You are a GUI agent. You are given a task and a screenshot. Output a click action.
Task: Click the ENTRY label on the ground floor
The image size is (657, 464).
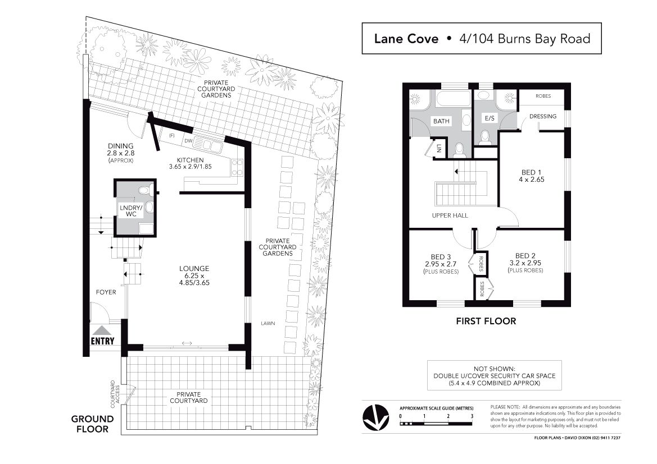103,341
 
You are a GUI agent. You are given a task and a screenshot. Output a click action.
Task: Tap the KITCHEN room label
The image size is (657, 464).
190,160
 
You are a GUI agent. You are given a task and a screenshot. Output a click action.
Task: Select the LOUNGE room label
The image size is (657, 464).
194,269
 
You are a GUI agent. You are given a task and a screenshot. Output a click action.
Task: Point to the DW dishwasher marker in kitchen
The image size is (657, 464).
188,141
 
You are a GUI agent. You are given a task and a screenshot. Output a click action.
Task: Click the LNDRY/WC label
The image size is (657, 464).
131,211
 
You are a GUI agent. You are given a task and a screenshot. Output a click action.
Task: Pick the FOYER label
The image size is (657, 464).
106,292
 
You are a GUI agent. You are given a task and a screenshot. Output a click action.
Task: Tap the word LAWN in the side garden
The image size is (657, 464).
268,323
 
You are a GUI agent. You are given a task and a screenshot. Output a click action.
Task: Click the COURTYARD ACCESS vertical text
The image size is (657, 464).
115,394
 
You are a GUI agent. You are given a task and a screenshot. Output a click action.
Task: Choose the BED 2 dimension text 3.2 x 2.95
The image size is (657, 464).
525,263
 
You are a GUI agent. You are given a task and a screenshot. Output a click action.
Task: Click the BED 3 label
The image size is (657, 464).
441,257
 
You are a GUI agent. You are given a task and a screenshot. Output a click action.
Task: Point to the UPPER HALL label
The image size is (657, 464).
450,215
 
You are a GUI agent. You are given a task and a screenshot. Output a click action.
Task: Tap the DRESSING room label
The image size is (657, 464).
543,116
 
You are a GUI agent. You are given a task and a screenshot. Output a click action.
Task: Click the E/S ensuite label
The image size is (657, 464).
490,118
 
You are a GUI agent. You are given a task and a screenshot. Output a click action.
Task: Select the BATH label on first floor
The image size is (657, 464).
441,121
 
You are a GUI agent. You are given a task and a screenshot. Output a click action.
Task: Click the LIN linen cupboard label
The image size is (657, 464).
439,148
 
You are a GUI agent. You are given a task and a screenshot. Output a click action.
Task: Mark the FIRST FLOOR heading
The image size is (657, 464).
486,321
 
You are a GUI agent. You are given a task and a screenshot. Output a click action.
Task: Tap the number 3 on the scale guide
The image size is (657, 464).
472,416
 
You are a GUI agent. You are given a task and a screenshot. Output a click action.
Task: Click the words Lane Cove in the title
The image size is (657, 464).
406,39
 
